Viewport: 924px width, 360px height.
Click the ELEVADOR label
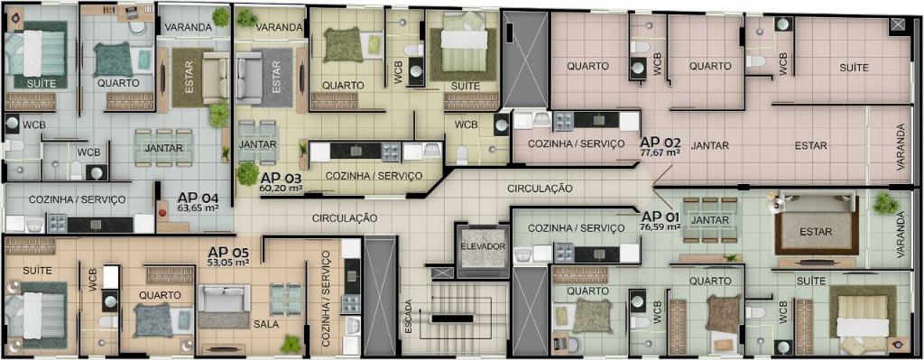pyautogui.click(x=483, y=246)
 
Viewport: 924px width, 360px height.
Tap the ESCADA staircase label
pyautogui.click(x=409, y=318)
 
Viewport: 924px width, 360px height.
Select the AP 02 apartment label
pyautogui.click(x=661, y=143)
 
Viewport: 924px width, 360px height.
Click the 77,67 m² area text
pyautogui.click(x=661, y=152)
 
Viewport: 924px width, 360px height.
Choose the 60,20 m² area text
pyautogui.click(x=281, y=189)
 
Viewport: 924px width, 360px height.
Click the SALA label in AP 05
pyautogui.click(x=266, y=324)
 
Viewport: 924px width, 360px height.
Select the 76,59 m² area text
pyautogui.click(x=660, y=226)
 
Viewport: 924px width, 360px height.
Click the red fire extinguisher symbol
pyautogui.click(x=162, y=211)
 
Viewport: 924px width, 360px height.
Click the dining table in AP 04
pyautogui.click(x=164, y=147)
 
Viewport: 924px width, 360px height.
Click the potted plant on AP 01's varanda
pyautogui.click(x=886, y=203)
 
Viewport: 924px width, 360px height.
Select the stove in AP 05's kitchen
pyautogui.click(x=351, y=304)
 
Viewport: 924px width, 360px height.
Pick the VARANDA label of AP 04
pyautogui.click(x=188, y=27)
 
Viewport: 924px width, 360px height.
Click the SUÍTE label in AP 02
pyautogui.click(x=854, y=68)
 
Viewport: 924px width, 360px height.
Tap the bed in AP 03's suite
pyautogui.click(x=465, y=39)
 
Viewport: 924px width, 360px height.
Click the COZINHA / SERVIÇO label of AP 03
pyautogui.click(x=374, y=176)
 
